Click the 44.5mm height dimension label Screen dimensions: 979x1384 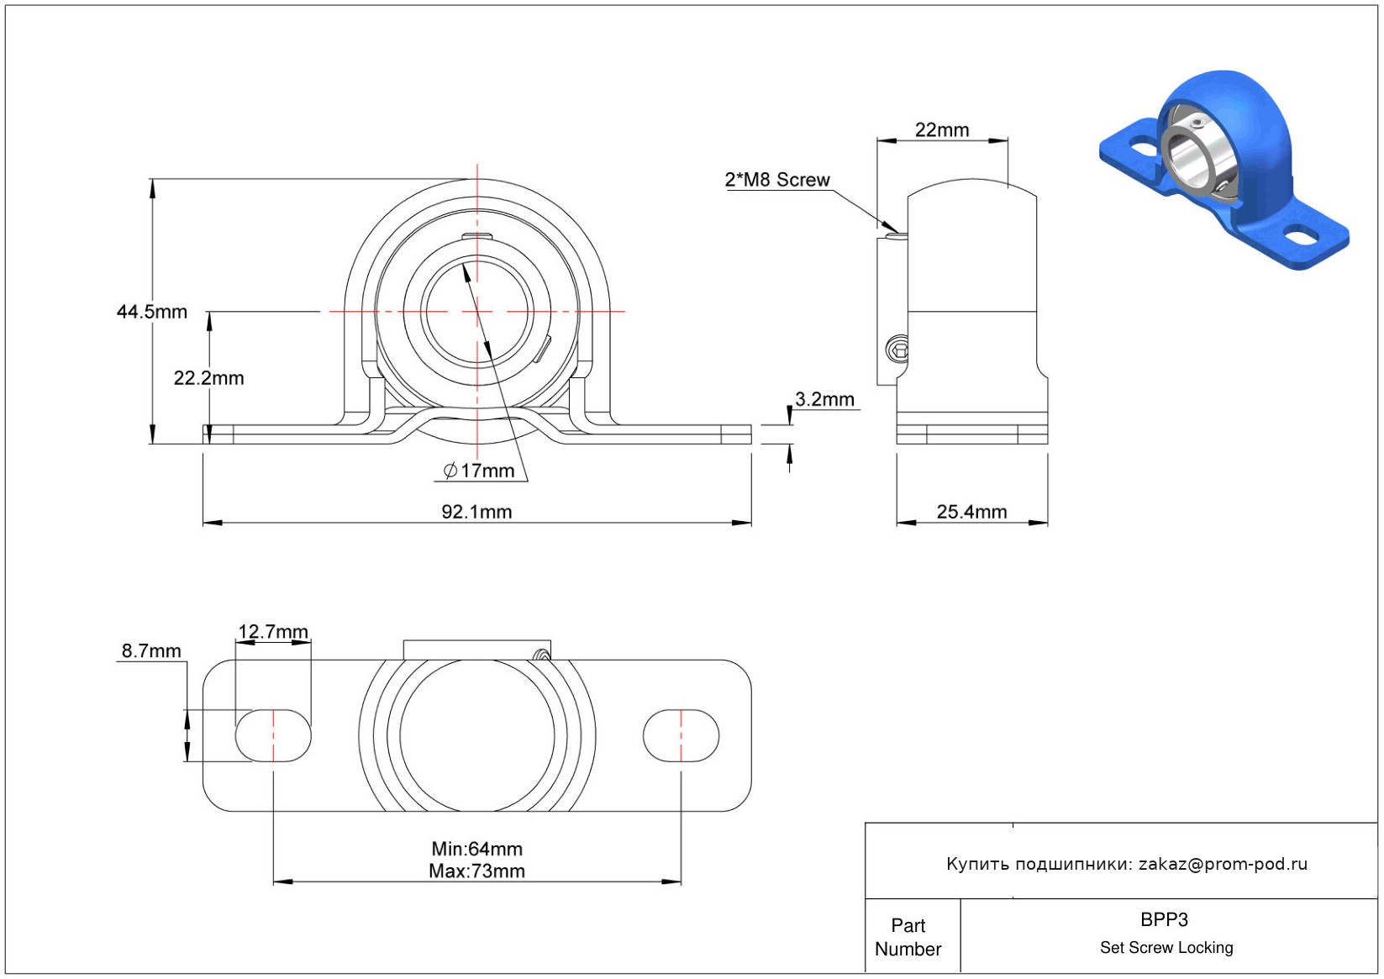152,312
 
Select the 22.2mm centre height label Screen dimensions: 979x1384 208,378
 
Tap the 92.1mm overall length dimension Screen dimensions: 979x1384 476,512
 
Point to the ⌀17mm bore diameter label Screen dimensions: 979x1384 479,471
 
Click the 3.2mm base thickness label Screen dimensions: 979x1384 824,399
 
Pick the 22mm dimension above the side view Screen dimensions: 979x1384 942,130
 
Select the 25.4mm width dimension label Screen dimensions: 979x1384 971,512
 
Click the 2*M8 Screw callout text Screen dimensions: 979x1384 777,180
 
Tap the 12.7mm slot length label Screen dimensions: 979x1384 273,632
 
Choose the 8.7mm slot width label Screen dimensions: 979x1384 151,650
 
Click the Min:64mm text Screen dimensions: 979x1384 476,849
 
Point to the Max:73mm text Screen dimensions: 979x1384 476,871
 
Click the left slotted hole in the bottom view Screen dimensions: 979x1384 273,736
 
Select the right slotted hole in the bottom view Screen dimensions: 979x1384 681,736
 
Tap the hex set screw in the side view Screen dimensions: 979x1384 897,348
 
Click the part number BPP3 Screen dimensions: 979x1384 1164,920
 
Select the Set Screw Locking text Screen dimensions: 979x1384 1166,948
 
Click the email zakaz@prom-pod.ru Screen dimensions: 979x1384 1223,864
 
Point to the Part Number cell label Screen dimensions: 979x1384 908,937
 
